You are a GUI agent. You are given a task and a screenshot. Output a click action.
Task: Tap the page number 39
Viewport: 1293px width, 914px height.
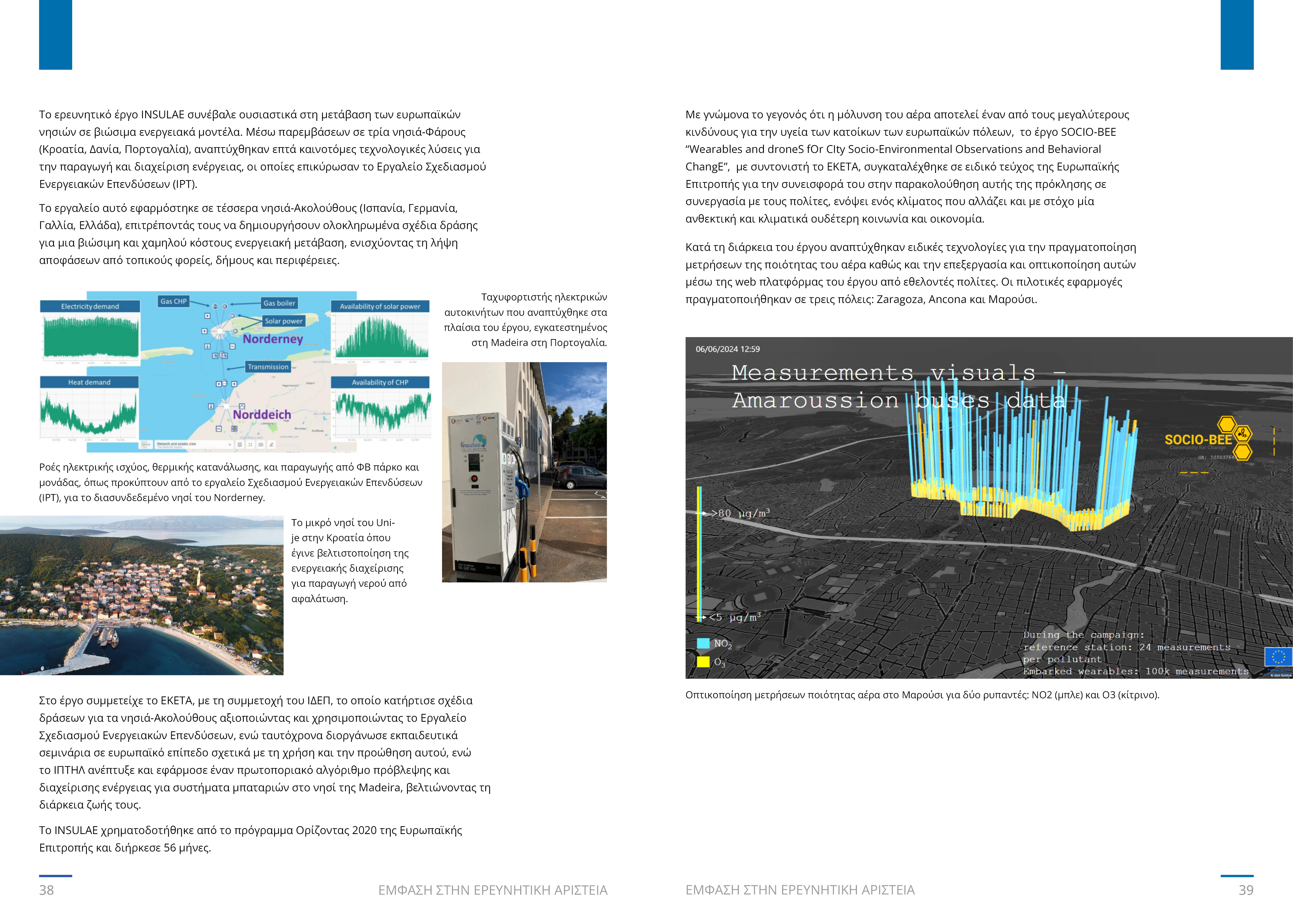[1246, 890]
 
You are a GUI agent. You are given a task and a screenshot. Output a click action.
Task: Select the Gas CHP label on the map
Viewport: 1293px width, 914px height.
[174, 301]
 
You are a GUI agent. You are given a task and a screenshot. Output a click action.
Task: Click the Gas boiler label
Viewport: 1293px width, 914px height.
[279, 303]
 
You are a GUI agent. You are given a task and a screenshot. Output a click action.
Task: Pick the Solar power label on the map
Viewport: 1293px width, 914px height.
[284, 321]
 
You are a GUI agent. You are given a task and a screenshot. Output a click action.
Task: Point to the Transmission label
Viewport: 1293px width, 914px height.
[268, 366]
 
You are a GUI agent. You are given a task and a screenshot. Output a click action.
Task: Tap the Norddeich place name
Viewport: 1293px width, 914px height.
[262, 414]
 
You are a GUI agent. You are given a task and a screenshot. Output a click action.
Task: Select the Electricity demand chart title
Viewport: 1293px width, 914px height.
[90, 306]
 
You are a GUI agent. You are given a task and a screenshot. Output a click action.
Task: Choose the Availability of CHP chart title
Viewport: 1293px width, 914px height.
[380, 382]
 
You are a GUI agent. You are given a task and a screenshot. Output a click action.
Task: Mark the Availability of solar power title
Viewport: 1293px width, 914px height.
[380, 306]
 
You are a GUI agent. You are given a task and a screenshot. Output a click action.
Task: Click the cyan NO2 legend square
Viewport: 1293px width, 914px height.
[703, 643]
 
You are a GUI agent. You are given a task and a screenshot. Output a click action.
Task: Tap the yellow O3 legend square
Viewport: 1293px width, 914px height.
[703, 662]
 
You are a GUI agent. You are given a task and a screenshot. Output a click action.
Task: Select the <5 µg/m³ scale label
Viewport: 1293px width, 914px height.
[735, 617]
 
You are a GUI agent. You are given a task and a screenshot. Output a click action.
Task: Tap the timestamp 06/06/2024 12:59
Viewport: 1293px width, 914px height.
[728, 349]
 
